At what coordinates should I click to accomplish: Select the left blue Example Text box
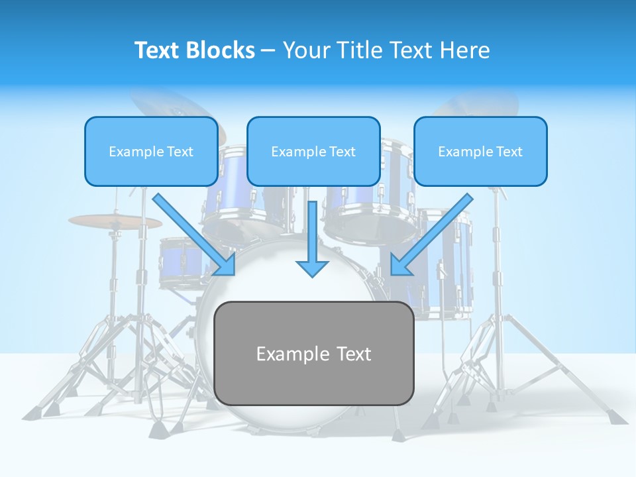151,152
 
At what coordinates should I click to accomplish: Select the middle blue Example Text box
313,152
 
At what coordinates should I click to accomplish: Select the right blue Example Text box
480,152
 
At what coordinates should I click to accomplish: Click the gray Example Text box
313,353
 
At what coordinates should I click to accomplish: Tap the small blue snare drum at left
180,262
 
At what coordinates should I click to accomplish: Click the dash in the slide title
268,50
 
